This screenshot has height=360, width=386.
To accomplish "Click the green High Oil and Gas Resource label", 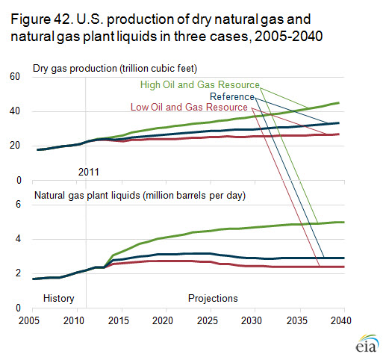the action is click(200, 85).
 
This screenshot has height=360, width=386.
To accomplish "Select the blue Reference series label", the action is click(232, 96).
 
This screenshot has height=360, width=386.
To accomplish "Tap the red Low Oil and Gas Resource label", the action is click(189, 107).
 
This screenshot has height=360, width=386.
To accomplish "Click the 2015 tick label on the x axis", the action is click(119, 320).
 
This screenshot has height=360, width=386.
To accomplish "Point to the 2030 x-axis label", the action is click(252, 320).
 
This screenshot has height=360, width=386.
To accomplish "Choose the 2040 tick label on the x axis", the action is click(340, 320).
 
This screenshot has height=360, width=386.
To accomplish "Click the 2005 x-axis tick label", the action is click(29, 320).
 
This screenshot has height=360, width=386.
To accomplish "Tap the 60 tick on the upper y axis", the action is click(15, 76).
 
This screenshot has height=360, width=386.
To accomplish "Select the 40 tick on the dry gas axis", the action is click(15, 111).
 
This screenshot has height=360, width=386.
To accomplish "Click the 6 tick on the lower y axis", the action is click(18, 205).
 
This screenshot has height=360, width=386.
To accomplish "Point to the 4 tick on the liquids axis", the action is click(18, 239).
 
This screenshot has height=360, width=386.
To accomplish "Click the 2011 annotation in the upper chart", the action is click(89, 172).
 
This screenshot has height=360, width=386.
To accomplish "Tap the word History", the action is click(59, 298).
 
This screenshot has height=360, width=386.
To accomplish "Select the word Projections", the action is click(213, 298).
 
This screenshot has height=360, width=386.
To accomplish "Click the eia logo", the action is click(367, 344).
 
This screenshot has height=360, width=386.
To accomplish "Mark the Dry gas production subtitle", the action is click(115, 69).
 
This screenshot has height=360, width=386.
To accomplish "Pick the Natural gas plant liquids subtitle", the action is click(140, 196).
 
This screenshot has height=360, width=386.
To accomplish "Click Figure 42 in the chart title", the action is click(41, 19).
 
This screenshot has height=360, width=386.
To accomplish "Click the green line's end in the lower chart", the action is click(344, 222).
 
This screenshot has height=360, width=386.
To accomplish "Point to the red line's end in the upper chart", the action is click(339, 134).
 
